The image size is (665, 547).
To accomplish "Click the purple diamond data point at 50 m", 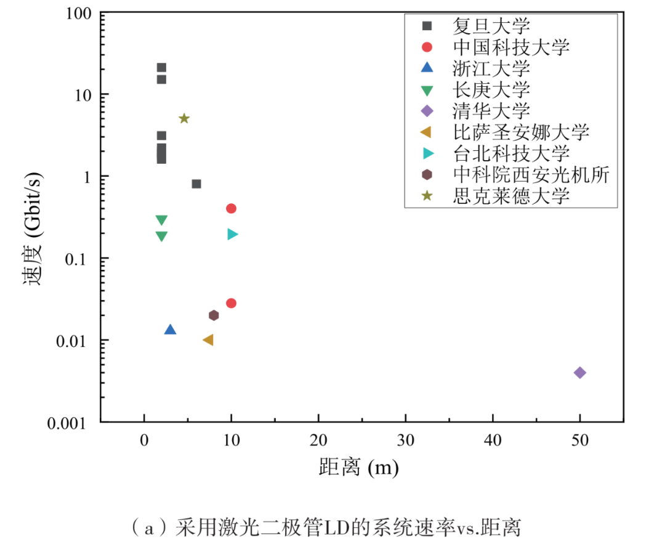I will point(579,373).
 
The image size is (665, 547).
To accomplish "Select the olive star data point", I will point(183,118).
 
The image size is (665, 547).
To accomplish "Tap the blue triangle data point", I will point(171,330).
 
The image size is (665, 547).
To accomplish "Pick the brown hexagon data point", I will point(214,315).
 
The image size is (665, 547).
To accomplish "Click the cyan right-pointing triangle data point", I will point(232,234).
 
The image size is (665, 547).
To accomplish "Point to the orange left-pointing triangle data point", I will point(208,340).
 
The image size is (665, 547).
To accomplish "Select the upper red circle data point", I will point(231,208).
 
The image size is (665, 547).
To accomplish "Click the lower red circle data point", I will point(231,303).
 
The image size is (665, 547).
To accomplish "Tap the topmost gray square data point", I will point(161,68).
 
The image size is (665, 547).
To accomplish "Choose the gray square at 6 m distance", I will point(196,184).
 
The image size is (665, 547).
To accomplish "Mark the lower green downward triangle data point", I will point(161,236).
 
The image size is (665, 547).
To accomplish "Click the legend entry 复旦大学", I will point(491,26).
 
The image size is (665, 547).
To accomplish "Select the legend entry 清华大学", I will point(491,111).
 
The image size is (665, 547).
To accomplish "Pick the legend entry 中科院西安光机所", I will point(530,175).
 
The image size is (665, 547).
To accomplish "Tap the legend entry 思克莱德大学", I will point(510,196).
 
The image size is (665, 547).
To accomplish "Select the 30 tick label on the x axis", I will point(405,442).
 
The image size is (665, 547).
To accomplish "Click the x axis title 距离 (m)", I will point(358,468).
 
